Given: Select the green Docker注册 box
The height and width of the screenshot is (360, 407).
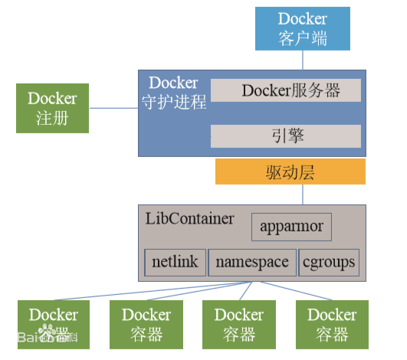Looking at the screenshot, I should [x=52, y=108].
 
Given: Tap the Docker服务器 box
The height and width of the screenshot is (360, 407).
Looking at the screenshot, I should [x=285, y=90].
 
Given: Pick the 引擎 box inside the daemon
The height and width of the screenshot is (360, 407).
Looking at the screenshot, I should [x=285, y=136].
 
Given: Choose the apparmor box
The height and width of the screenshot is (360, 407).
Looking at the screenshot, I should [x=291, y=227].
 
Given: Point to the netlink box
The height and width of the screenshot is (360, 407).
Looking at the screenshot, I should [x=175, y=262].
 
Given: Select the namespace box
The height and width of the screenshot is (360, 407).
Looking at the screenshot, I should [x=251, y=262].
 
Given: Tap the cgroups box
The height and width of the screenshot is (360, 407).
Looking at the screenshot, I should [x=329, y=262].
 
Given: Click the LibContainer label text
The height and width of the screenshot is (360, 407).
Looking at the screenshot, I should [x=189, y=218].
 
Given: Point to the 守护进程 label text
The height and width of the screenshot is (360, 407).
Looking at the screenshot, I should [x=174, y=102].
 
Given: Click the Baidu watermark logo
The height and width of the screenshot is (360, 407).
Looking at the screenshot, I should [x=46, y=335].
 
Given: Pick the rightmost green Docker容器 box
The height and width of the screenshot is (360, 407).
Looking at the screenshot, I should [x=332, y=324].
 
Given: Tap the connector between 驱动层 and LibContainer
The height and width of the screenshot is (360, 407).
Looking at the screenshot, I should [x=303, y=195].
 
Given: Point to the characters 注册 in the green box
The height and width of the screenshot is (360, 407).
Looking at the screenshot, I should [x=52, y=118].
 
